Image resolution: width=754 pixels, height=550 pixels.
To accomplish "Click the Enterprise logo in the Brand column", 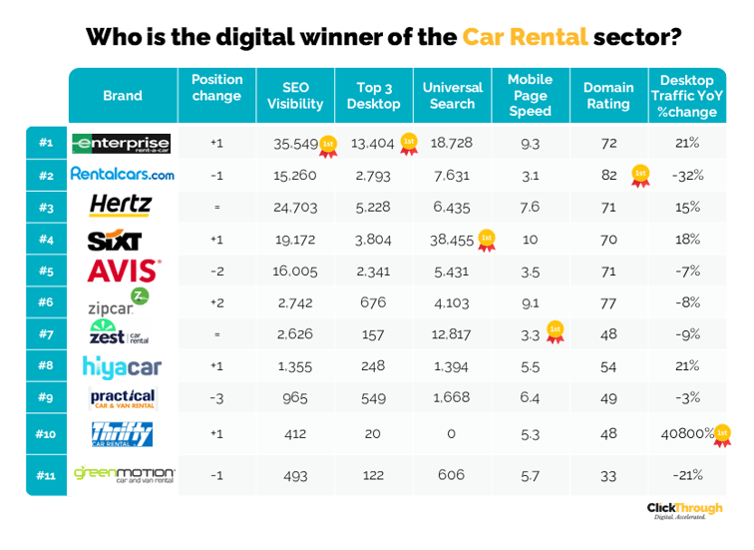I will click(x=122, y=144).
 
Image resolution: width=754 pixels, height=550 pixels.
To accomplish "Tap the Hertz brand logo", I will click(x=121, y=206).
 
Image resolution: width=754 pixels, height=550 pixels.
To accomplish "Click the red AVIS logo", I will click(x=123, y=271).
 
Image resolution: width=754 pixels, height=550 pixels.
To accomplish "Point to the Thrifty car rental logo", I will click(x=122, y=434).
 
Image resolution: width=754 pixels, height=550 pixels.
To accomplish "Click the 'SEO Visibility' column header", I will click(x=295, y=96).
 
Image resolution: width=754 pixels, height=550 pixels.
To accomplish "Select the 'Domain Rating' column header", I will click(x=607, y=96).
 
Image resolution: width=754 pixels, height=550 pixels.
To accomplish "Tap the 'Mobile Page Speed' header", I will click(x=530, y=96).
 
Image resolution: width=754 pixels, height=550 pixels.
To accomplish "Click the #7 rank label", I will click(x=46, y=333).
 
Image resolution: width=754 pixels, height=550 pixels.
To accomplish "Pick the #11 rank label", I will click(x=46, y=475).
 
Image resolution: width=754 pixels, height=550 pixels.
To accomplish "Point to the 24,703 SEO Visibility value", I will click(x=295, y=208).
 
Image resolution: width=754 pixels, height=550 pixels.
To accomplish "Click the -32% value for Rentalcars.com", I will click(x=687, y=176).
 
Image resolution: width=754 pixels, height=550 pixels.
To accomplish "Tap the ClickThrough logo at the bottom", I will click(x=684, y=510).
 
